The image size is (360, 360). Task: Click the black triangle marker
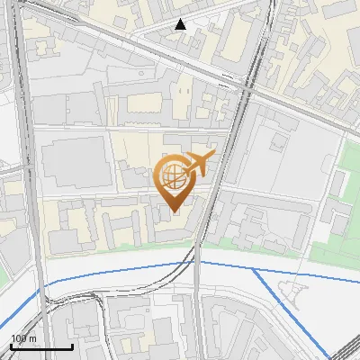(x=181, y=24)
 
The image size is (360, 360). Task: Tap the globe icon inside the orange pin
(x=174, y=175)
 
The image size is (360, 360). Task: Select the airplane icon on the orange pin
(x=201, y=163)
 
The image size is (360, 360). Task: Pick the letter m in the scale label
(x=32, y=338)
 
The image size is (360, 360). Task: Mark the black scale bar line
(x=41, y=346)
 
